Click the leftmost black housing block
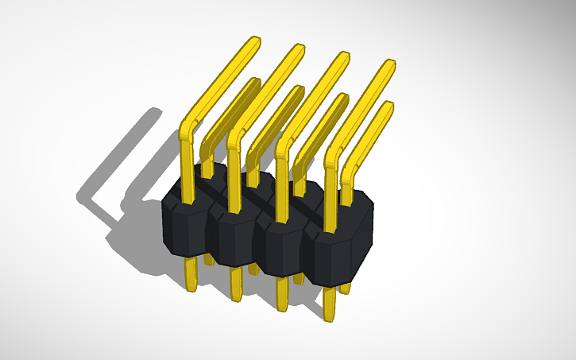tap(184, 227)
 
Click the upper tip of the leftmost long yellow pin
tap(253, 41)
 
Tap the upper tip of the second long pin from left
tap(299, 49)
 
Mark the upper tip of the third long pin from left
tap(344, 57)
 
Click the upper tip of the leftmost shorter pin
tap(254, 83)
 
